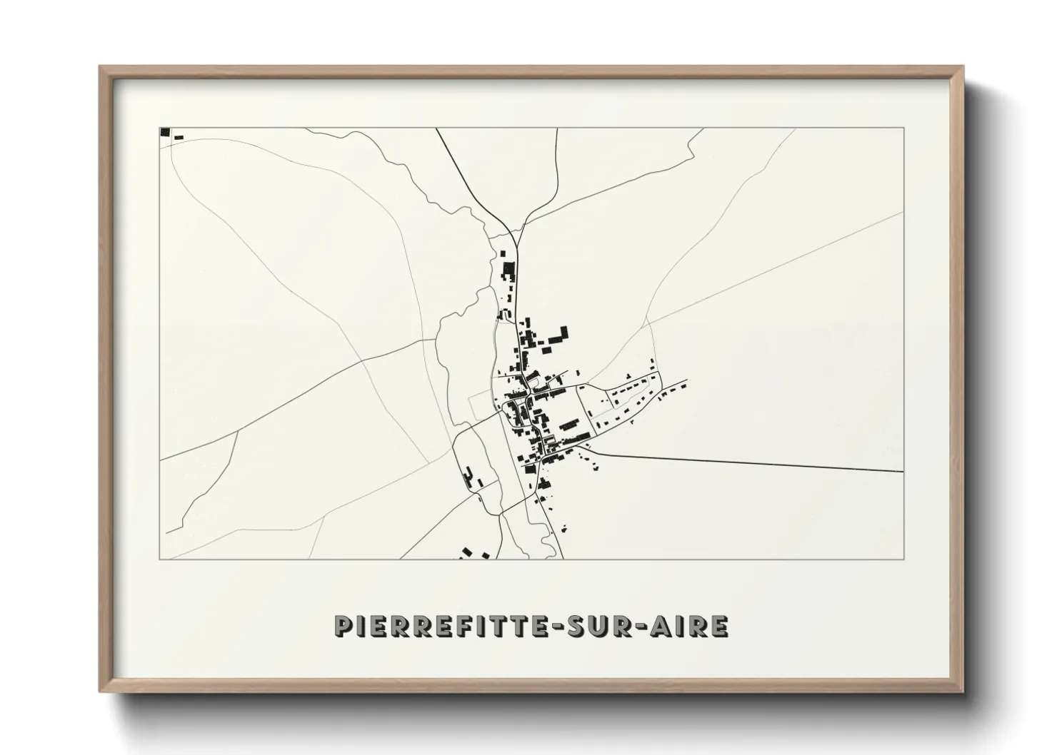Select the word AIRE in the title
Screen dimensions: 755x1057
pyautogui.click(x=693, y=626)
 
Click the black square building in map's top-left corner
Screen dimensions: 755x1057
pyautogui.click(x=165, y=131)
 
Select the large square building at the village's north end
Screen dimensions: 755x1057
pyautogui.click(x=509, y=269)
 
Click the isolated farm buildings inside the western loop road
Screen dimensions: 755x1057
pyautogui.click(x=469, y=476)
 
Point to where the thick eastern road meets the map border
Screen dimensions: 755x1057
pyautogui.click(x=903, y=471)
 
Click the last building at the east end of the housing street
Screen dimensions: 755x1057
pyautogui.click(x=683, y=385)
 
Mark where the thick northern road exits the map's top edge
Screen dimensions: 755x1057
pyautogui.click(x=436, y=128)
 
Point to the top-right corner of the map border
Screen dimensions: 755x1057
pyautogui.click(x=904, y=128)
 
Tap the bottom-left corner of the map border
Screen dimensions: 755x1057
pyautogui.click(x=159, y=559)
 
